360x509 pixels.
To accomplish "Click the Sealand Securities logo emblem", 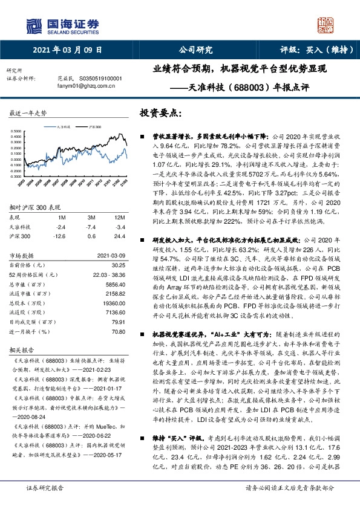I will click(36, 25).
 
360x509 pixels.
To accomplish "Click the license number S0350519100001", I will click(96, 79).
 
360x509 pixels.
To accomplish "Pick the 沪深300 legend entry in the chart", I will click(94, 128).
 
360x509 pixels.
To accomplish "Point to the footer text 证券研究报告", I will click(45, 487).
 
